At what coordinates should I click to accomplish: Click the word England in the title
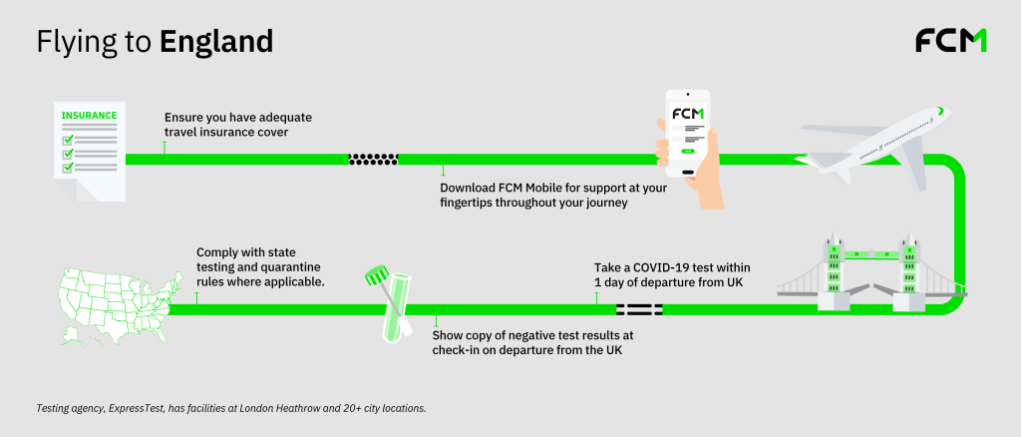[215, 42]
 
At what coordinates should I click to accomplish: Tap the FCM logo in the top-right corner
[950, 41]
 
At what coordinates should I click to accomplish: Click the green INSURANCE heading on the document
[90, 116]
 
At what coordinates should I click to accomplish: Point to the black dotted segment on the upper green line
[373, 159]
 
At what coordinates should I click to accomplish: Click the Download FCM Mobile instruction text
[539, 195]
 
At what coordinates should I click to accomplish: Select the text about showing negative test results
[532, 342]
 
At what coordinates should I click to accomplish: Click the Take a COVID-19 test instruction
[679, 274]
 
